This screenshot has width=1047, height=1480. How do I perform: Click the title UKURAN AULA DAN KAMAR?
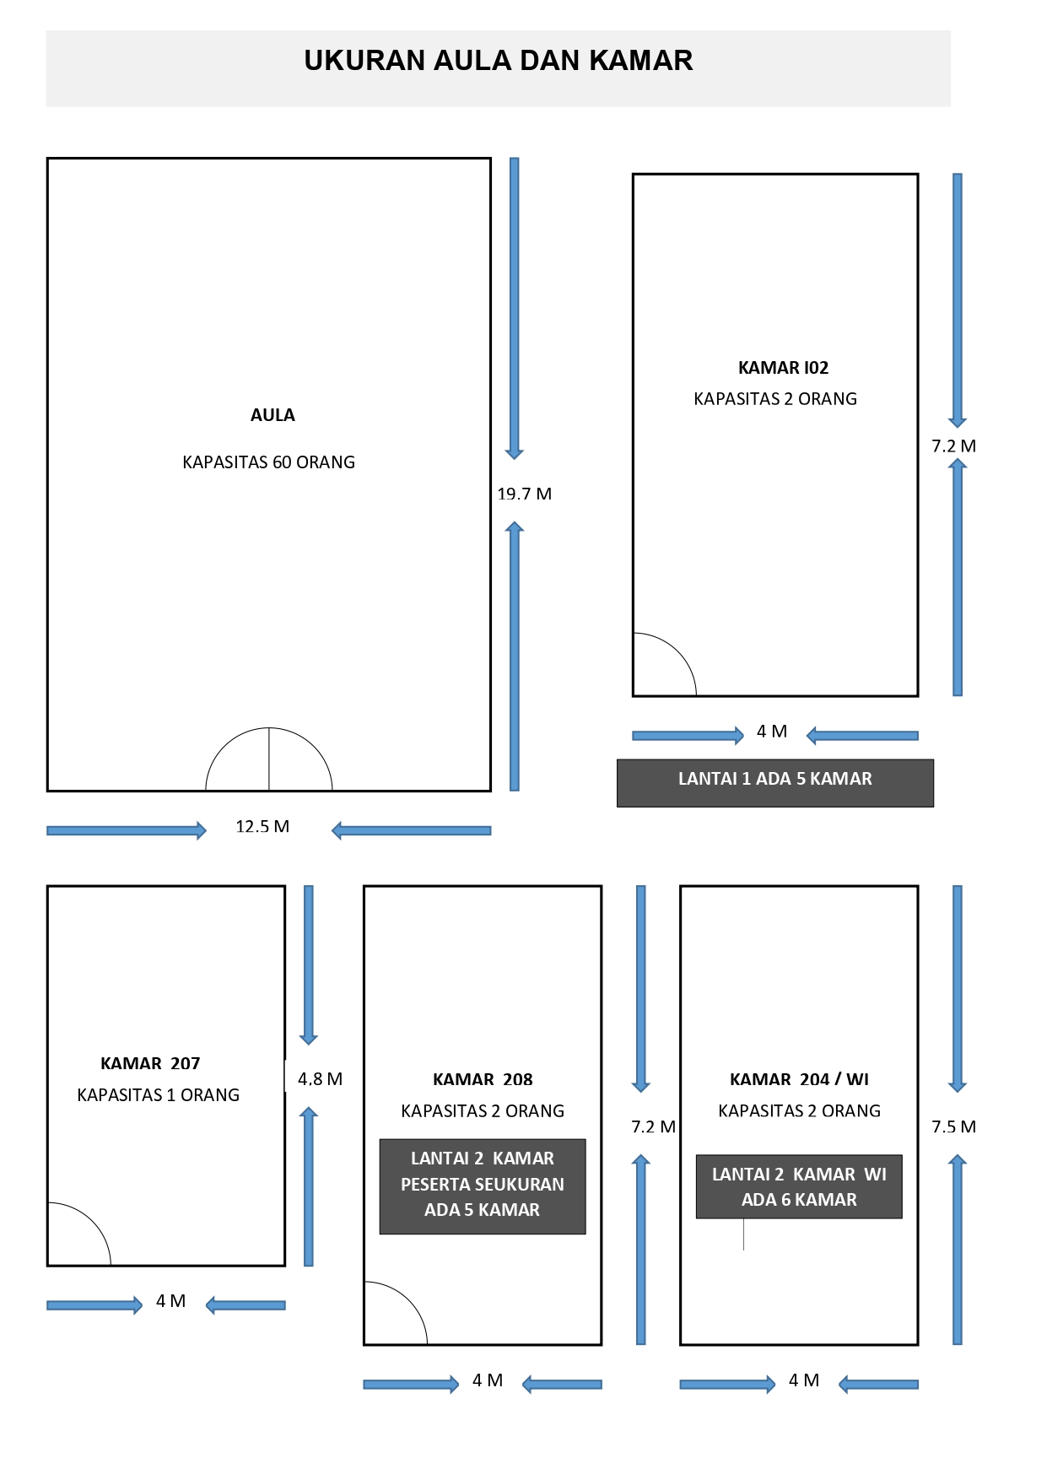(499, 61)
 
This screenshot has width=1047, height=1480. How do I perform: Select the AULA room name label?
(273, 415)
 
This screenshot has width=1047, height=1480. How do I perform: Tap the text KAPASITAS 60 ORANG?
(268, 462)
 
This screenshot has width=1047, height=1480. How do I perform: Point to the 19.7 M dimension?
(524, 494)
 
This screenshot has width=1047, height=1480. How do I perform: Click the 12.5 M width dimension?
(262, 826)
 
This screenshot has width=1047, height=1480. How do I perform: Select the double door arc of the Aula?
(269, 728)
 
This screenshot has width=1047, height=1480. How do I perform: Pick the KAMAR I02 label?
(783, 368)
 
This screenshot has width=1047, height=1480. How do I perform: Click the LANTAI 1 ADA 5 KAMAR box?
(775, 783)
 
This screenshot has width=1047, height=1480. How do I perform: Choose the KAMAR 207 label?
(150, 1063)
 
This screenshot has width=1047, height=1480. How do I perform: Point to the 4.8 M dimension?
(320, 1078)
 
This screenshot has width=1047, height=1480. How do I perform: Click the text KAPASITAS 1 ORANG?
(159, 1095)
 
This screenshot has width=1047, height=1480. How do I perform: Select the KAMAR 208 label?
(483, 1079)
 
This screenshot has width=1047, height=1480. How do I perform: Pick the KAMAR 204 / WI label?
(799, 1079)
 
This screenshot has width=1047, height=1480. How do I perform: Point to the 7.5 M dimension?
(953, 1126)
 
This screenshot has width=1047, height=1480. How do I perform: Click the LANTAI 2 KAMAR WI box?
(799, 1186)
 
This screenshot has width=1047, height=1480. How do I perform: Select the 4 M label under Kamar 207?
(170, 1301)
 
